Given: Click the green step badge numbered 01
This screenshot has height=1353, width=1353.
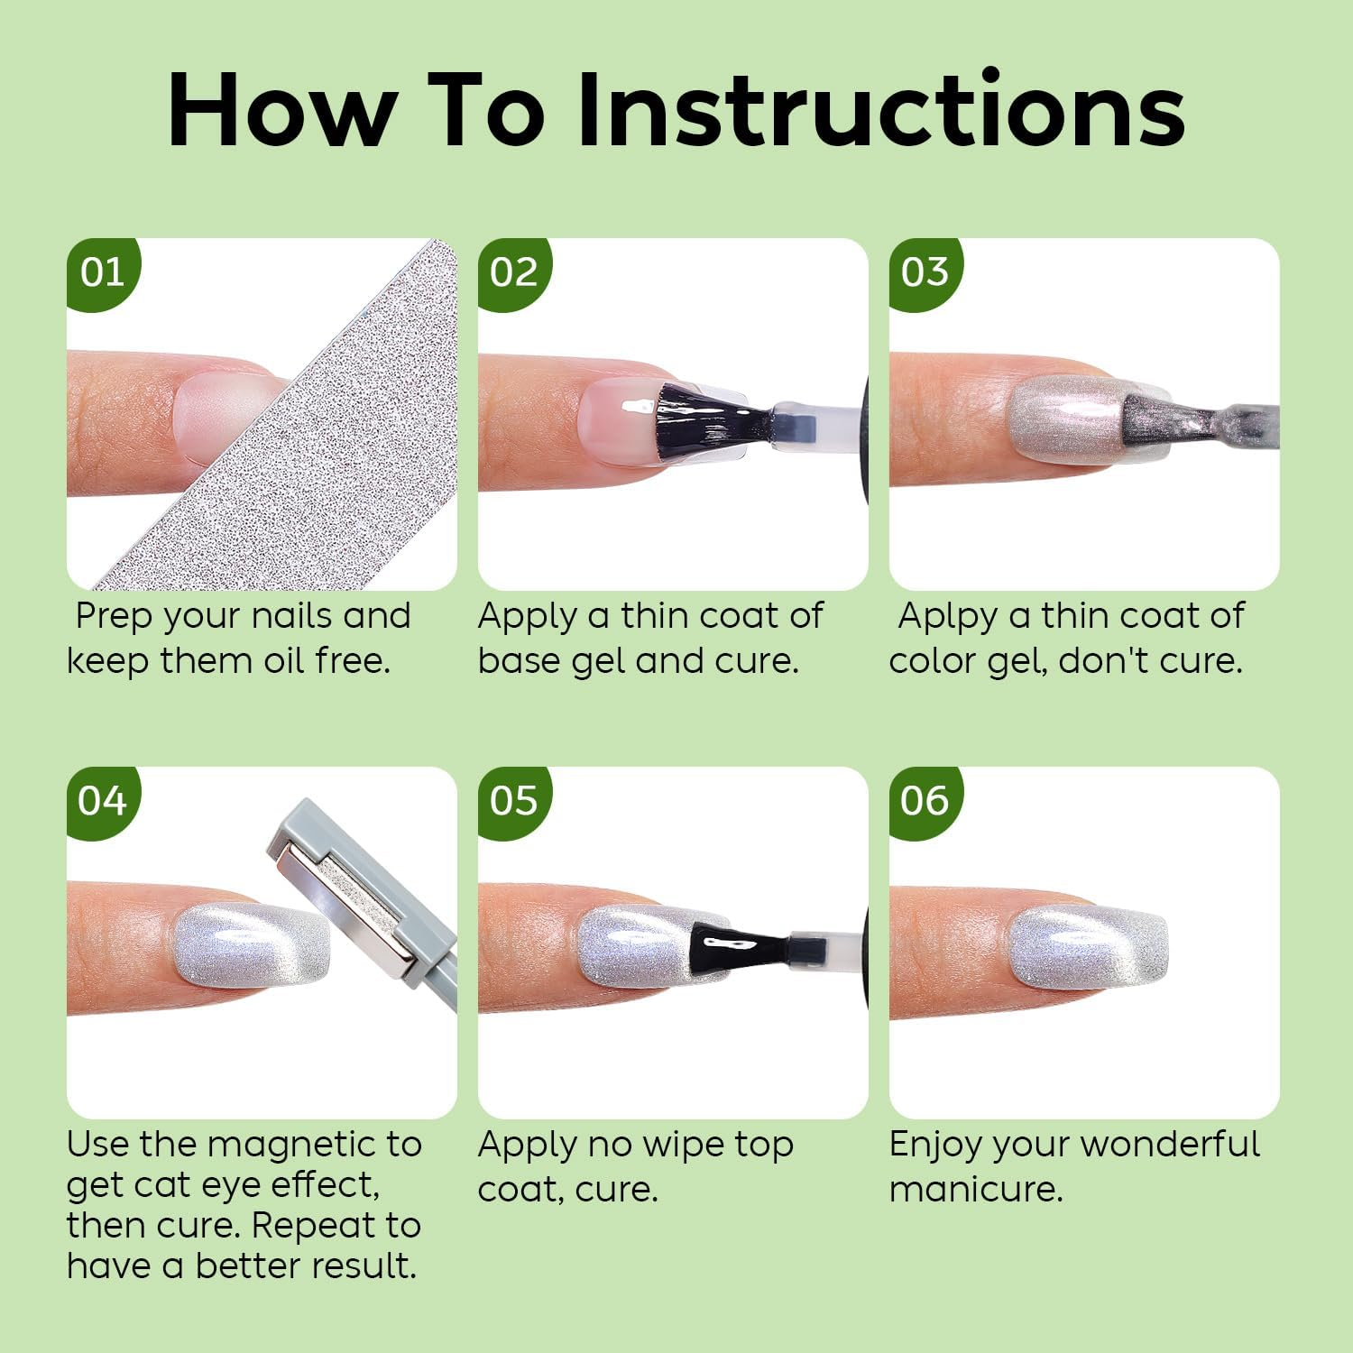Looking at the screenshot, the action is coord(101,272).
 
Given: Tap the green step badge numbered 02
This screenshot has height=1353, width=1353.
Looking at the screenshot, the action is coord(512,272).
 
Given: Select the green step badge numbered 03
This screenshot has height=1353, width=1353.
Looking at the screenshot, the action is coord(924,272).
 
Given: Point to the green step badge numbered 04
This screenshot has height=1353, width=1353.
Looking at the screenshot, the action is coord(101,801).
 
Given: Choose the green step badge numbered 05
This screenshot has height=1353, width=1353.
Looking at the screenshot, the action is coord(512,801).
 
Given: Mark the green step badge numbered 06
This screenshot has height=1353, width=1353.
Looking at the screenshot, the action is coord(924,801).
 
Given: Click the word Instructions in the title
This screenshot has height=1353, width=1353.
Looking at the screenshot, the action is coord(880,110).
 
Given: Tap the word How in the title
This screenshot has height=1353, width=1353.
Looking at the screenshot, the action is coord(281,110).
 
